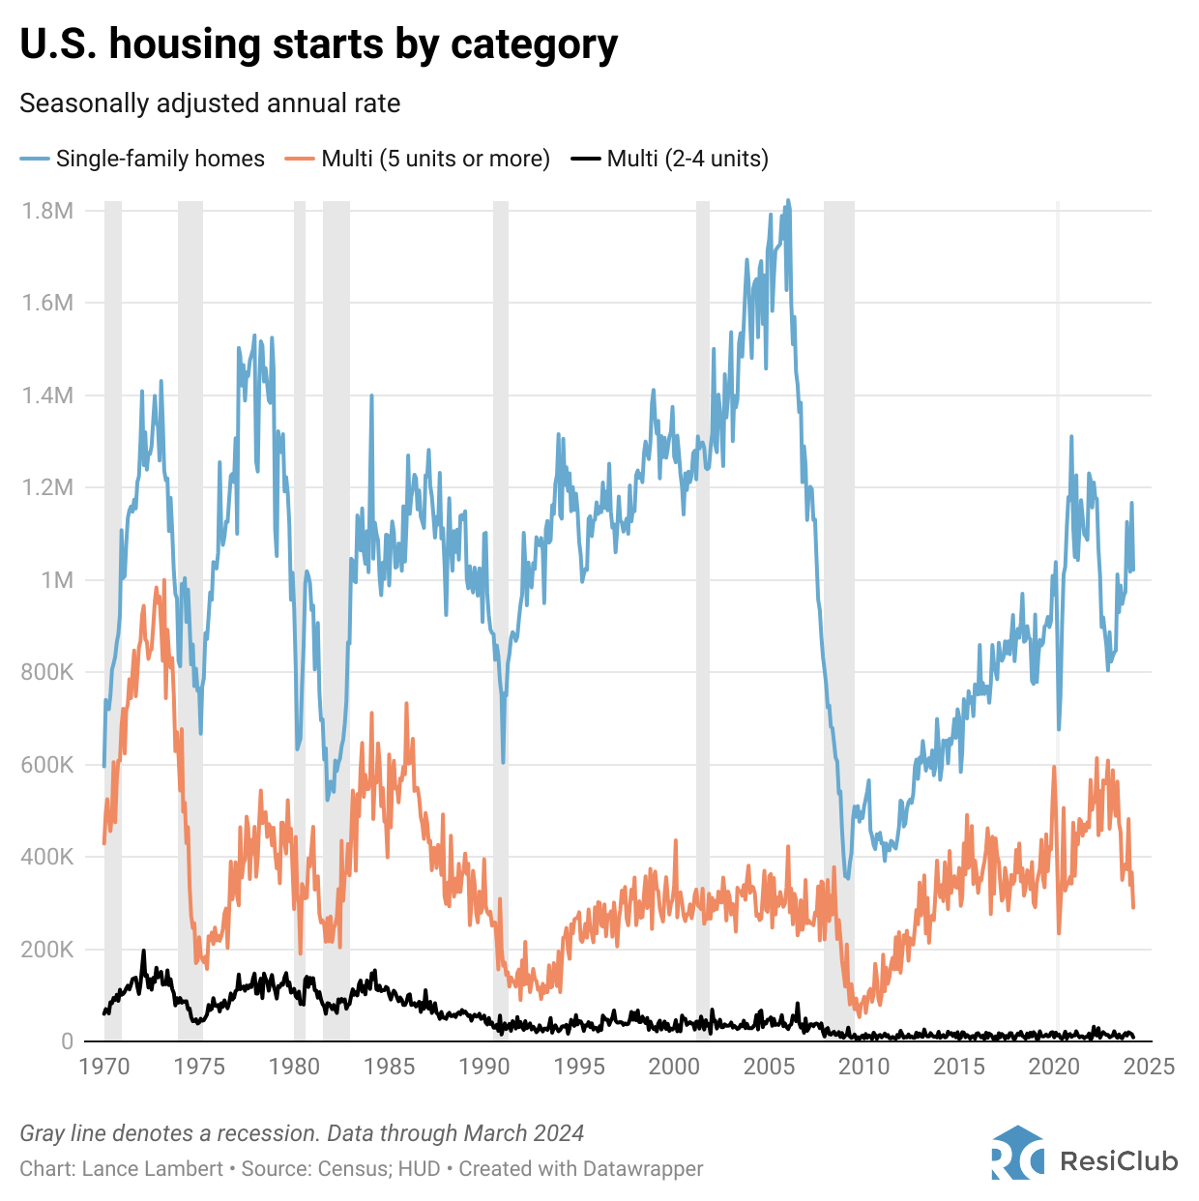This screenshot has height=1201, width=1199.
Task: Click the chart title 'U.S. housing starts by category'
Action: (x=319, y=44)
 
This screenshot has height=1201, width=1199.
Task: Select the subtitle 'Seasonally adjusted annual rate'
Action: (x=210, y=103)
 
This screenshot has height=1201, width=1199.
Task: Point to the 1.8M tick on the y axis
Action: (x=48, y=211)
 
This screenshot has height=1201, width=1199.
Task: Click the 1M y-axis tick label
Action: (x=57, y=580)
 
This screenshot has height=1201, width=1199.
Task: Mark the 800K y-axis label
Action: (x=47, y=672)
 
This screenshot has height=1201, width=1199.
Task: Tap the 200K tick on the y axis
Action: (x=47, y=950)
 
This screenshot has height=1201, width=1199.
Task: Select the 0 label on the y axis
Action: (x=67, y=1041)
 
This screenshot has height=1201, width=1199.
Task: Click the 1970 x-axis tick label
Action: (x=103, y=1067)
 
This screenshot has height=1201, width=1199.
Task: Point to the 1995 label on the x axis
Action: (x=579, y=1067)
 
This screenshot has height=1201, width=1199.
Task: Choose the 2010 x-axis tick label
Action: (x=863, y=1067)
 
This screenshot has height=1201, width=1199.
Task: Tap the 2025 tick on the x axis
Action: (x=1150, y=1067)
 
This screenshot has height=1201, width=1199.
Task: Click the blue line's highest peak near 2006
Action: (x=788, y=201)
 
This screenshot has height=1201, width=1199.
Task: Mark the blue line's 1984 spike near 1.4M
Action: (x=371, y=395)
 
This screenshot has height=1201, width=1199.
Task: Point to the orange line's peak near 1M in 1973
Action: (x=164, y=580)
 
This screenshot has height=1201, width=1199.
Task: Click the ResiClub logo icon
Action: (x=1017, y=1153)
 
